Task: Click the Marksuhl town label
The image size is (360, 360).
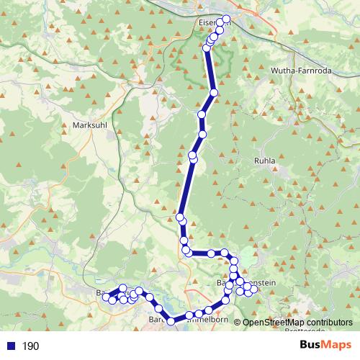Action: [x=91, y=125]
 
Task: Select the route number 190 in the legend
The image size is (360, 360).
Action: [x=30, y=346]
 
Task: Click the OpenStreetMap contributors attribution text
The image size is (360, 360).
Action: [x=297, y=323]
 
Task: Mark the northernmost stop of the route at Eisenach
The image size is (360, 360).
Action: [x=227, y=19]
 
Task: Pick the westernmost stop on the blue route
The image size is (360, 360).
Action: [x=106, y=297]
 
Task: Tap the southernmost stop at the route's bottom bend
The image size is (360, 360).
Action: [x=171, y=321]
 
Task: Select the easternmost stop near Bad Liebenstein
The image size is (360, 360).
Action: [x=253, y=289]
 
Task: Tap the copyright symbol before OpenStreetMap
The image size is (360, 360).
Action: [x=238, y=323]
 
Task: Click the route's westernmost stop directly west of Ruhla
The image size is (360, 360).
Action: [x=179, y=217]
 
